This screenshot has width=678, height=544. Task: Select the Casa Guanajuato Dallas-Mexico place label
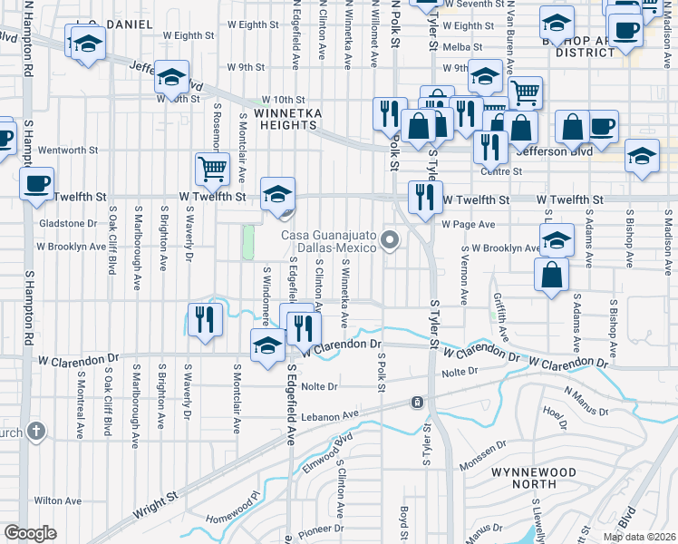(329, 240)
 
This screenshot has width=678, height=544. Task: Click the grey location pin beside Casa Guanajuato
(391, 240)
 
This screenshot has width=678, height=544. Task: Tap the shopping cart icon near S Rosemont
(212, 168)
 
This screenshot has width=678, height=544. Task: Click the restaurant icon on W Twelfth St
(424, 197)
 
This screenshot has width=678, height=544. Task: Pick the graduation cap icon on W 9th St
(169, 78)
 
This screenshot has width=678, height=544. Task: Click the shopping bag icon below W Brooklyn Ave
(551, 275)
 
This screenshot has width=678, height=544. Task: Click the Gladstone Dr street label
(66, 223)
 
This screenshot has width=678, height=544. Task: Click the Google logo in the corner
(30, 533)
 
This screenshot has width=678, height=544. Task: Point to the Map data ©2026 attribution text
(638, 537)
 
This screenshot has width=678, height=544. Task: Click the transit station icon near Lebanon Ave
(416, 402)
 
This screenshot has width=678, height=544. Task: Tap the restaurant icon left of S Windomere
(204, 320)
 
